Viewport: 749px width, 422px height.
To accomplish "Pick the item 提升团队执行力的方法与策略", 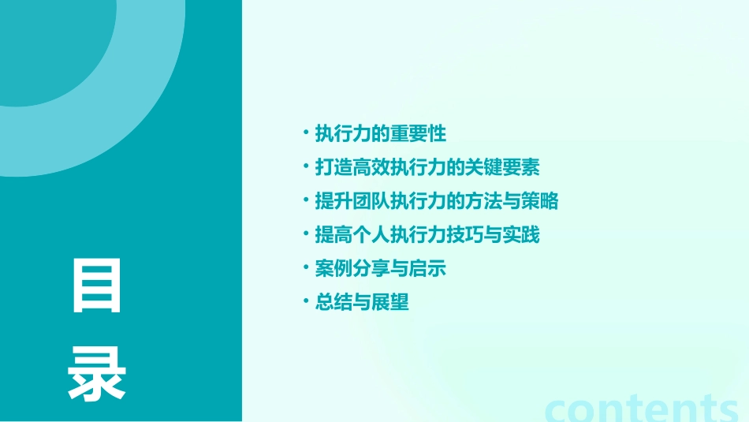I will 436,201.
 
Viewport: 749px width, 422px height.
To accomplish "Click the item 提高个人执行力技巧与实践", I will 427,235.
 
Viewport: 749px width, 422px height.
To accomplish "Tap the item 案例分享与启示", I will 381,269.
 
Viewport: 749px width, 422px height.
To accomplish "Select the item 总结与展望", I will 363,303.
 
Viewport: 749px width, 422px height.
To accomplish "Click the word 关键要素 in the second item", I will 503,167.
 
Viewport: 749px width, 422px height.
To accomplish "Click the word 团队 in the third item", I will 362,201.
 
